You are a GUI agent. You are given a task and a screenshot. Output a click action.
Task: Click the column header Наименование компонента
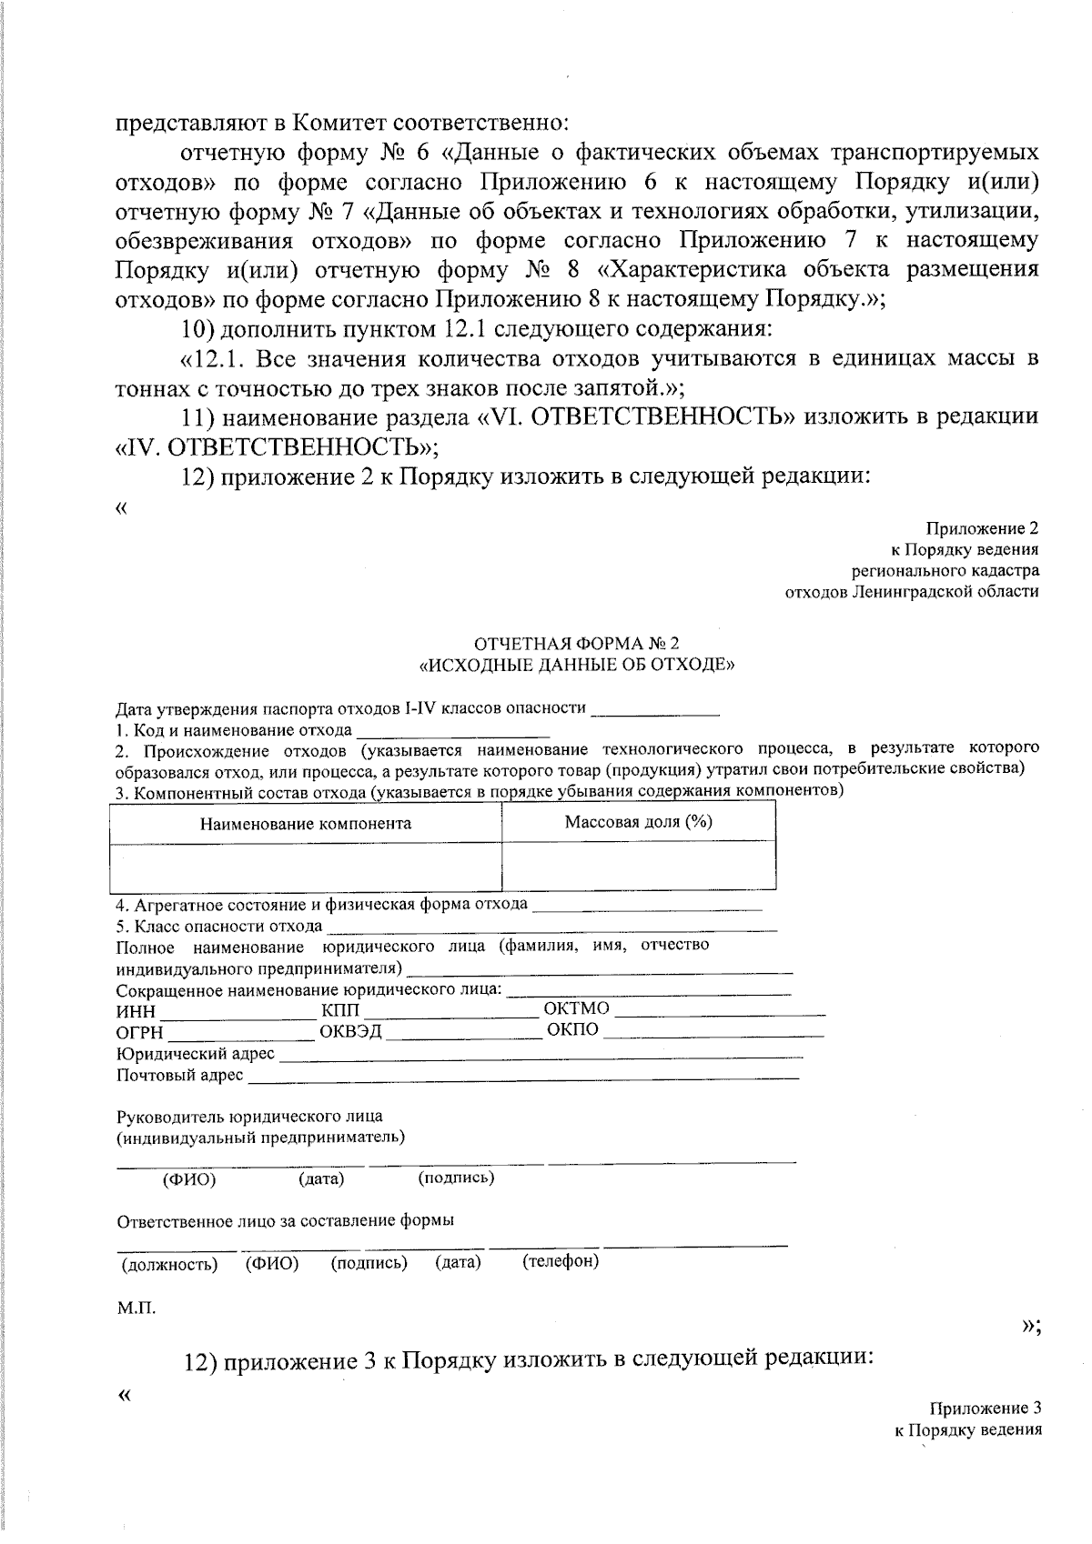click(x=306, y=824)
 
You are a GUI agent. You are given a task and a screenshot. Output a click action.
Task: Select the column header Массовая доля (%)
click(x=638, y=822)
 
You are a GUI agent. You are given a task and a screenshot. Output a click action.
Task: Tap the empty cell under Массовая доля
click(x=638, y=867)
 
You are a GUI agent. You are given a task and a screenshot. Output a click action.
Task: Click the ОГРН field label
click(x=139, y=1033)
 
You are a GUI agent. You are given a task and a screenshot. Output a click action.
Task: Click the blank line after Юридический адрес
click(x=541, y=1056)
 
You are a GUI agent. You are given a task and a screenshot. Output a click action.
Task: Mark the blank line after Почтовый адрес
click(x=523, y=1077)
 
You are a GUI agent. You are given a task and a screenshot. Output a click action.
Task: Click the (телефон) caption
click(x=561, y=1261)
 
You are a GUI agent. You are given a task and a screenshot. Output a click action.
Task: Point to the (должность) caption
click(x=169, y=1265)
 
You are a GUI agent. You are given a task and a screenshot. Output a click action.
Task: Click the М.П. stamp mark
click(x=136, y=1308)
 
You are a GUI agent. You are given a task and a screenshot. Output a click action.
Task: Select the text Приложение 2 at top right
click(x=982, y=528)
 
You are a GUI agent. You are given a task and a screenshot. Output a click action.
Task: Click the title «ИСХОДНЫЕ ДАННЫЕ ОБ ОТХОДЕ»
click(x=576, y=665)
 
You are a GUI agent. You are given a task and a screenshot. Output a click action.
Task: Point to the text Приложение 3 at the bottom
click(x=985, y=1409)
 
